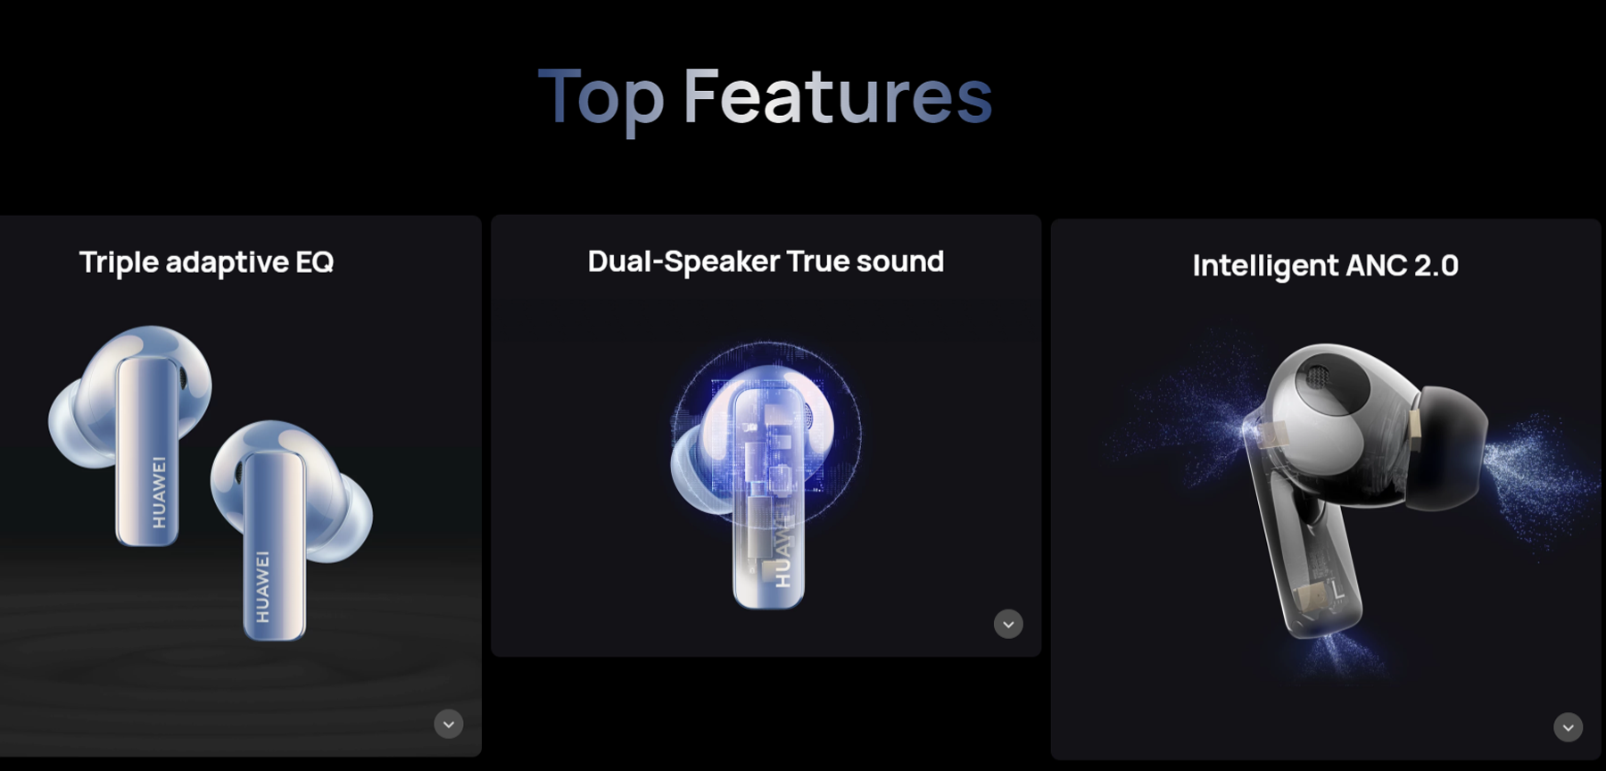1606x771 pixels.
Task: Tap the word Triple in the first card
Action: point(119,262)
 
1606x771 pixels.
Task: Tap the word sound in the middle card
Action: point(899,261)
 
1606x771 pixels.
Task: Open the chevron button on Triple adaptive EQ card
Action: point(449,724)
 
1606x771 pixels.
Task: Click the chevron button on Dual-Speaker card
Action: point(1008,624)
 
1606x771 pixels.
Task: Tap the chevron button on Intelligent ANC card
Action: point(1568,727)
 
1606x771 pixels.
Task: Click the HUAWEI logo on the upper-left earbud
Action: point(159,492)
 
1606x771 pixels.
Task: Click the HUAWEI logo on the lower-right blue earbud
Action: point(262,585)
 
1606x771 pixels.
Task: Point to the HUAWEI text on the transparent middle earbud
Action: point(782,553)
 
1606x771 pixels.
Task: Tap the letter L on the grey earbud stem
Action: point(1337,590)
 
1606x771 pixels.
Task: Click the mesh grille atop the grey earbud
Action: point(1318,376)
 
